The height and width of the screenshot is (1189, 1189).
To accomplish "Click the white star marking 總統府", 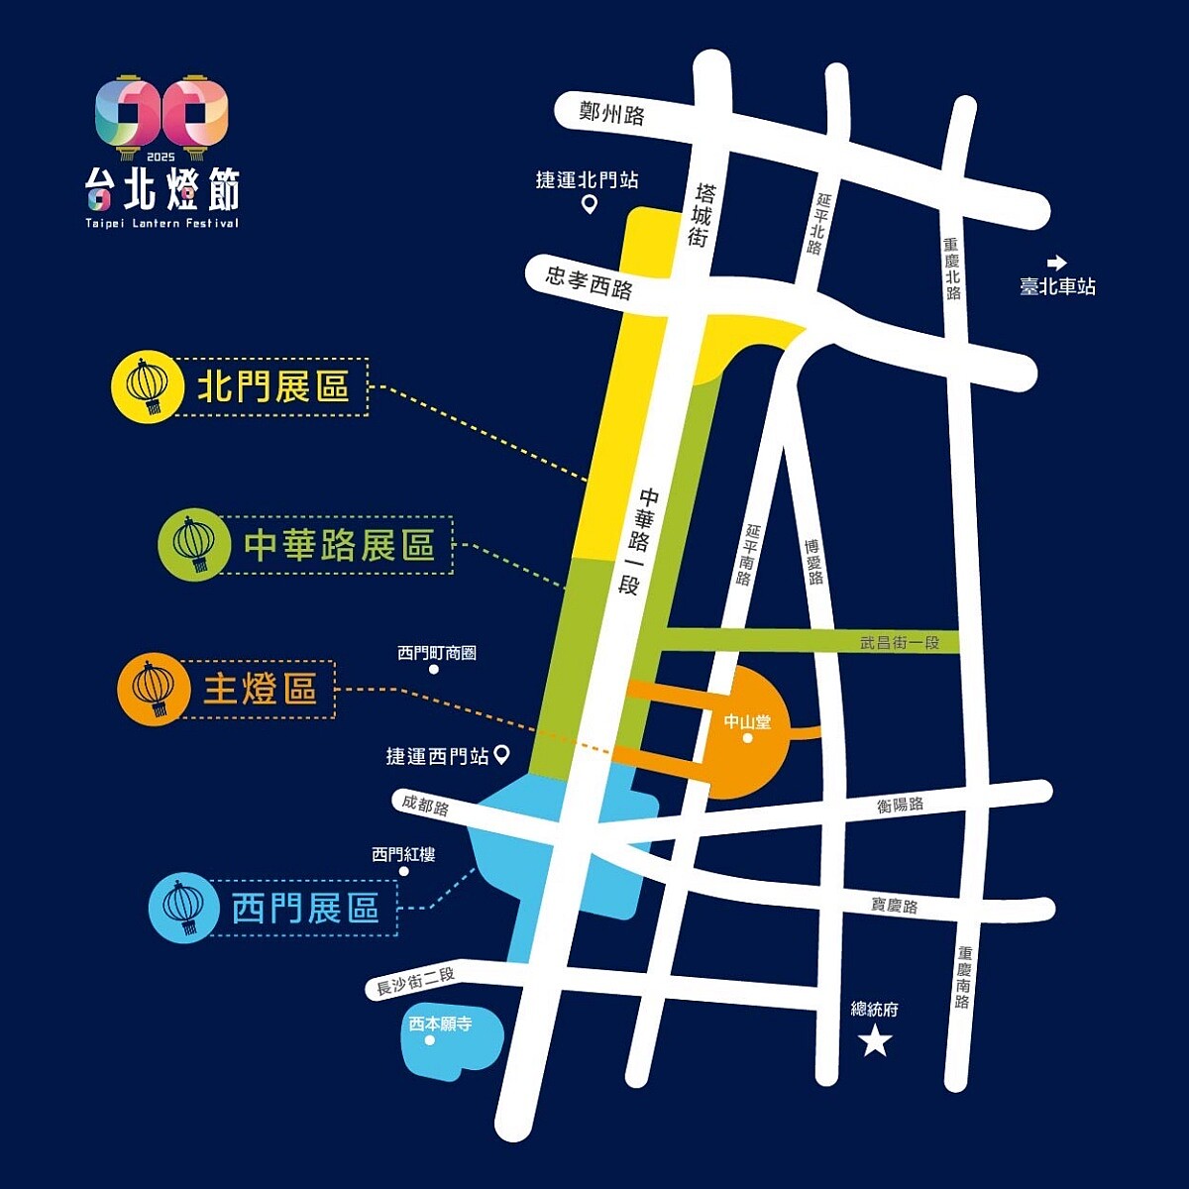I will pos(875,1041).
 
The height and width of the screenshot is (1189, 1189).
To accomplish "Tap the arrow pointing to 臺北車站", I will pos(1057,263).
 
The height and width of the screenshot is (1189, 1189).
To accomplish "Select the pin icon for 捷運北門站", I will pos(589,205).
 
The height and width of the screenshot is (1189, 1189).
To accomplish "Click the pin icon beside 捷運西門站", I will pos(501,756).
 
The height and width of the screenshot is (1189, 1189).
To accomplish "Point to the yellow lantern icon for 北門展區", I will pos(149,386).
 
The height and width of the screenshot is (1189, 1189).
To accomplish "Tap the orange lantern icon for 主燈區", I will pos(153,689).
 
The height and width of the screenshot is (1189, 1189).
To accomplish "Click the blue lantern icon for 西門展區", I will pos(182,907).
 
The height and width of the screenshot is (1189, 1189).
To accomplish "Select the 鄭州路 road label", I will pos(611,114).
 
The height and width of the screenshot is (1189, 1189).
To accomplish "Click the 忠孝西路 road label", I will pos(589,282).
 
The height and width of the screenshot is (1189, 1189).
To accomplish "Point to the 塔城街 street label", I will pos(702,214).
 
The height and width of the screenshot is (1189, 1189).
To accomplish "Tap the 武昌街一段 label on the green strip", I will pos(899,643).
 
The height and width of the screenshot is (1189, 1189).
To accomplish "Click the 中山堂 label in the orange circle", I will pos(746,721).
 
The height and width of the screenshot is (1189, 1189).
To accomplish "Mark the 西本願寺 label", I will pos(440,1024).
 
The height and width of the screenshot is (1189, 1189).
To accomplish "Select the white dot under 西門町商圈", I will pos(434,670).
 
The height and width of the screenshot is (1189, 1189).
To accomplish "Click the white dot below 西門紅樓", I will pos(404,872).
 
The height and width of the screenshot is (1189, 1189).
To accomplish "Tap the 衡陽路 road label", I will pos(900,805).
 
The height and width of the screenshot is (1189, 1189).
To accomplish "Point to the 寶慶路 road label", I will pos(894,905).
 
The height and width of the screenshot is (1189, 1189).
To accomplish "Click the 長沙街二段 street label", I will pos(415,982).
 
